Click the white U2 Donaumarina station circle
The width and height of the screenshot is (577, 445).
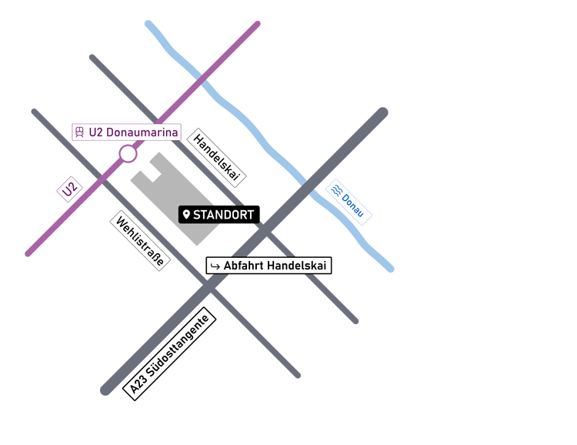point(128,154)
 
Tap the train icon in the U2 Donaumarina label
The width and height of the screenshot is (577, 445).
point(80,132)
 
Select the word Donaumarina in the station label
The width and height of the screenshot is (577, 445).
point(142,132)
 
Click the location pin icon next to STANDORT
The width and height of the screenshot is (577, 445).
point(186,215)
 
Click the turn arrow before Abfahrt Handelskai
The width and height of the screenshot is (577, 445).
point(215,266)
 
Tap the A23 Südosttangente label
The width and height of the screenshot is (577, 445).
point(170,354)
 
